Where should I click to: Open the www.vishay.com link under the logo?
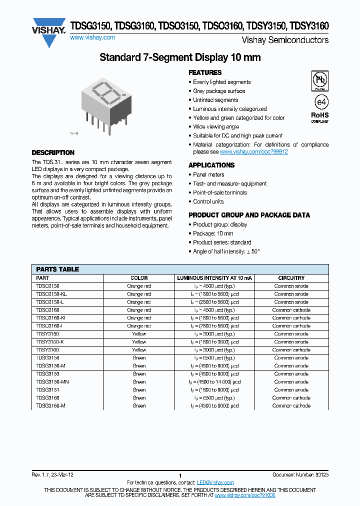point(92,37)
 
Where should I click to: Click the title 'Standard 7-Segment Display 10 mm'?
point(180,57)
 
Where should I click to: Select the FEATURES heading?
point(205,72)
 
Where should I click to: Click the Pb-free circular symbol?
point(320,80)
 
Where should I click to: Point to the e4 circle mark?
point(320,101)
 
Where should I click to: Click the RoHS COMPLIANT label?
point(320,117)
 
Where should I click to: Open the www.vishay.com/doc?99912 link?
point(253,151)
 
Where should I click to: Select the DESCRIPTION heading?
point(53,152)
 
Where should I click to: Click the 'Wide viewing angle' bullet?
point(216,127)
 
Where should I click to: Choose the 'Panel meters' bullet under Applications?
point(208,175)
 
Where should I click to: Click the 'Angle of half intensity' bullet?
point(226,251)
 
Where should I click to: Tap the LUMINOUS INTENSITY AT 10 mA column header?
point(214,278)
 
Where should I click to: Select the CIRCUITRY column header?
point(291,278)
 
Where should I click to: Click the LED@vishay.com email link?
point(215,482)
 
